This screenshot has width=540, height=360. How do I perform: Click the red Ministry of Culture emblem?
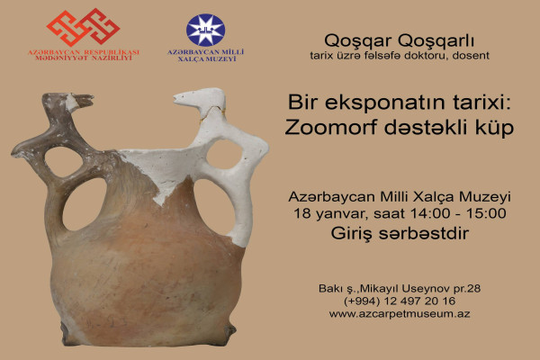pyautogui.click(x=84, y=27)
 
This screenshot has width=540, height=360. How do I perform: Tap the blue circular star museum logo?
pyautogui.click(x=205, y=30)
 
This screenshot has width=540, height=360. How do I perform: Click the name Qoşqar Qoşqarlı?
pyautogui.click(x=400, y=41)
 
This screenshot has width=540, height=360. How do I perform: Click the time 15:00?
pyautogui.click(x=486, y=213)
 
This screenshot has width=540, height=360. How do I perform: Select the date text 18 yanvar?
pyautogui.click(x=328, y=214)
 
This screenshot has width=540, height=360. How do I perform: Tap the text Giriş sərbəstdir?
pyautogui.click(x=400, y=234)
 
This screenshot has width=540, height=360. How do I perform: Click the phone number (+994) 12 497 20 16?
pyautogui.click(x=400, y=301)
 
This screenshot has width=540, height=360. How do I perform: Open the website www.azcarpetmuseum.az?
pyautogui.click(x=400, y=314)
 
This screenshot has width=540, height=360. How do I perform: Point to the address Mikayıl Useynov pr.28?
pyautogui.click(x=420, y=288)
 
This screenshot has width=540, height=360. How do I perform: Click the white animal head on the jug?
pyautogui.click(x=199, y=97)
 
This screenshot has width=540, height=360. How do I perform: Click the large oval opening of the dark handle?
pyautogui.click(x=85, y=204)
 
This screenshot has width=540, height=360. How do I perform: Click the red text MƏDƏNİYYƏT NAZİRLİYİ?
pyautogui.click(x=84, y=58)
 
